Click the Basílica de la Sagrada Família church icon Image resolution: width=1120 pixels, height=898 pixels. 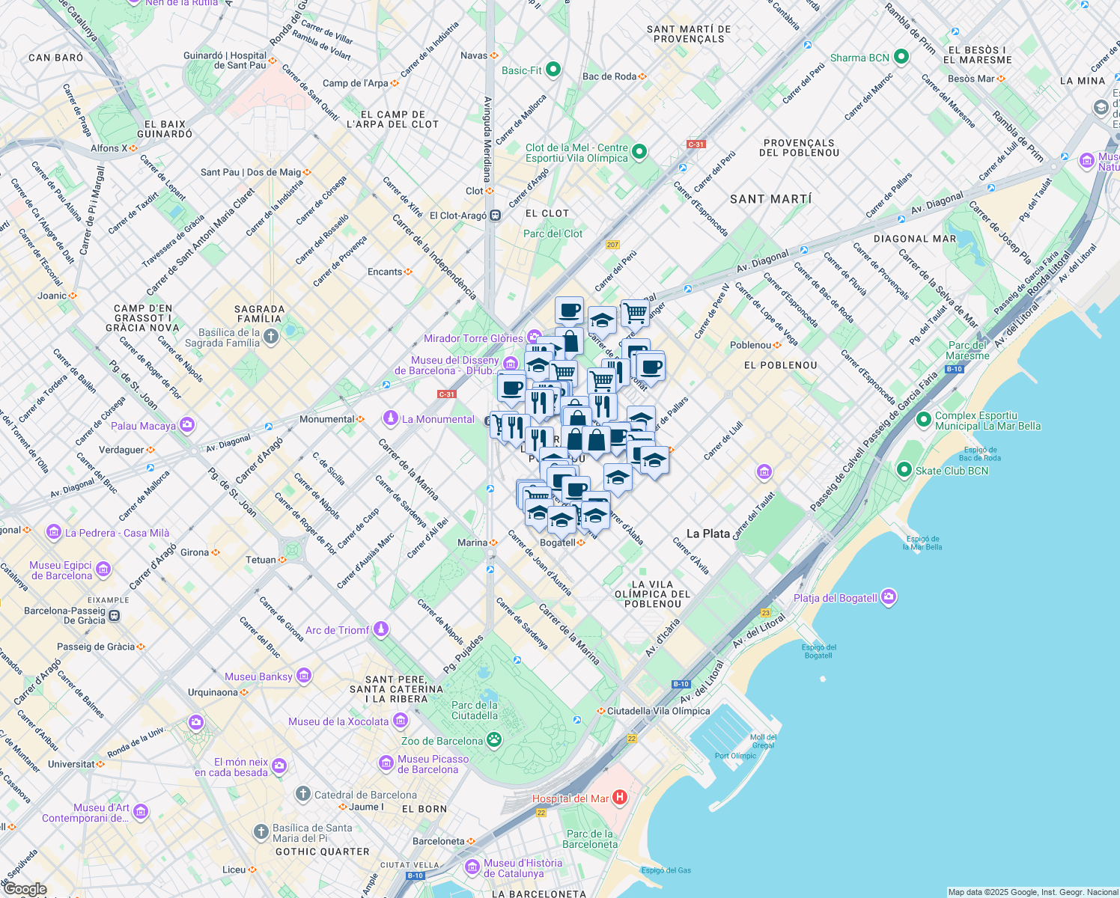(271, 337)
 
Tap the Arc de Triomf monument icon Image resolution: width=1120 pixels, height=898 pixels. (381, 629)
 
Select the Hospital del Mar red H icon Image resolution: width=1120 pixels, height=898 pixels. (620, 798)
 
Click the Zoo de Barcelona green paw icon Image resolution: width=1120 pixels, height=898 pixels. (494, 741)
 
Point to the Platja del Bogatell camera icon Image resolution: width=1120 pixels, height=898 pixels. (889, 597)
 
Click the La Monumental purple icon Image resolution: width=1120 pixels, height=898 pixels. (390, 418)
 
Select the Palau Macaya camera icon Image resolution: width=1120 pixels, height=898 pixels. (186, 425)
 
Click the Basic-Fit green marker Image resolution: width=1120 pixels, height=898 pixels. (553, 70)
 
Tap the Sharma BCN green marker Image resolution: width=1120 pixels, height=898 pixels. (901, 57)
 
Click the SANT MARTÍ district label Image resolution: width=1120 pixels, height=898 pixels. (770, 199)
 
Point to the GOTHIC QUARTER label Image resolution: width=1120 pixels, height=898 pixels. (322, 852)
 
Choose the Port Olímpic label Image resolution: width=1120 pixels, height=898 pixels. (735, 756)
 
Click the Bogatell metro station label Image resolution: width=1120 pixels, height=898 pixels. (559, 543)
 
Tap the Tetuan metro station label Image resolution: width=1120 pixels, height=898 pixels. (261, 560)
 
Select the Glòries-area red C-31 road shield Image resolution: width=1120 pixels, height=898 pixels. (446, 394)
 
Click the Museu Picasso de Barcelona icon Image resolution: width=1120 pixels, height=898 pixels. (386, 763)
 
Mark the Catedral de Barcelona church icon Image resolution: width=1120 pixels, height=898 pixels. (303, 794)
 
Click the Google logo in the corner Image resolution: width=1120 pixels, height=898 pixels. (25, 889)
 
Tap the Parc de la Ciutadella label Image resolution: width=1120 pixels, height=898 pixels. (475, 710)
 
